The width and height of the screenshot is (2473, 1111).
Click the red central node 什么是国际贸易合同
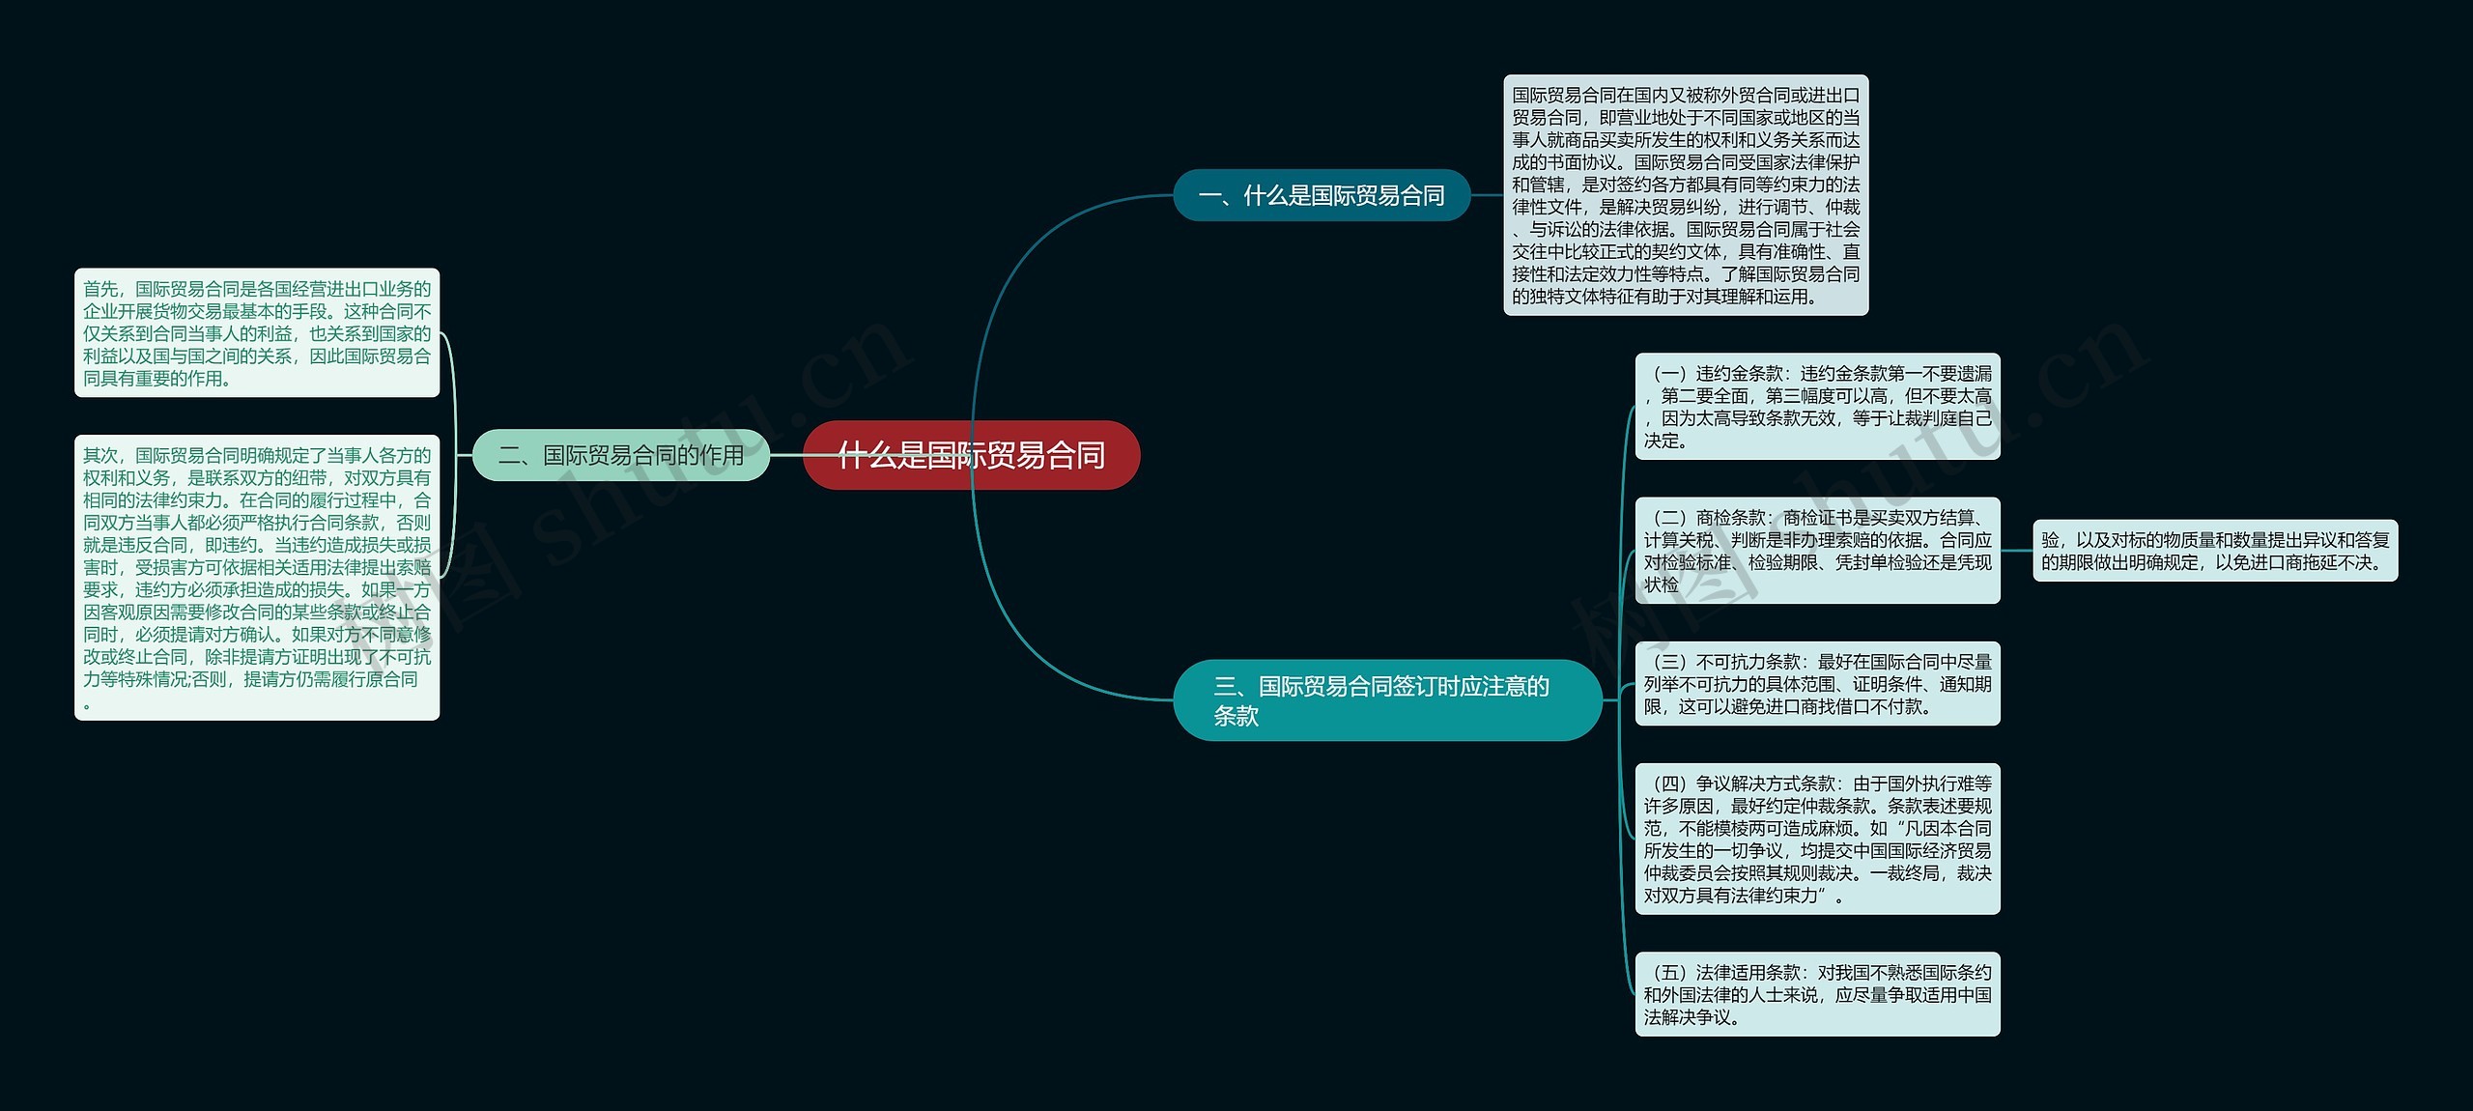coord(971,455)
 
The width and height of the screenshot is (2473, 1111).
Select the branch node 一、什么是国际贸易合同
coord(1321,195)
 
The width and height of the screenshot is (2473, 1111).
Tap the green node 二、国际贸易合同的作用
coord(620,455)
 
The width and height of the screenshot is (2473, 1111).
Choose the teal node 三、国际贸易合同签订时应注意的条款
coord(1386,700)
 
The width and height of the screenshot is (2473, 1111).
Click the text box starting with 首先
coord(257,333)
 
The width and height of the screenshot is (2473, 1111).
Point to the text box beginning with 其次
coord(257,578)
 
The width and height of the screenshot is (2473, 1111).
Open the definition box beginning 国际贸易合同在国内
coord(1686,195)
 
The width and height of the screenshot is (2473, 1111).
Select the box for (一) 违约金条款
coord(1817,407)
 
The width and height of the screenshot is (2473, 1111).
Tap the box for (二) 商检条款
coord(1817,551)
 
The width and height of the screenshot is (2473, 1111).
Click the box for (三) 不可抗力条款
coord(1817,683)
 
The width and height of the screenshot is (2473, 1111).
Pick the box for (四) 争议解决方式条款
coord(1817,839)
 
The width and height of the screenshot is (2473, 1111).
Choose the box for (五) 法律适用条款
coord(1817,994)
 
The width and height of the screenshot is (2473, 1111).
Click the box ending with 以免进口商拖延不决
coord(2215,551)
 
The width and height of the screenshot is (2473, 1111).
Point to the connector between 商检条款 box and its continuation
coord(2017,551)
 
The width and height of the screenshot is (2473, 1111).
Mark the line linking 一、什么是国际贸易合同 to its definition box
coord(1487,195)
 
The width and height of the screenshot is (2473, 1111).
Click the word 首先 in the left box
coord(100,289)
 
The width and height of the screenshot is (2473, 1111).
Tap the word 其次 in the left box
coord(100,455)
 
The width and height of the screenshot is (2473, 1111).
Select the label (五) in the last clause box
coord(1670,972)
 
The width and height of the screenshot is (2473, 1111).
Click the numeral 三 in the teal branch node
coord(1225,686)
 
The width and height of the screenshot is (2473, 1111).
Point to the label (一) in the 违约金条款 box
coord(1670,374)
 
